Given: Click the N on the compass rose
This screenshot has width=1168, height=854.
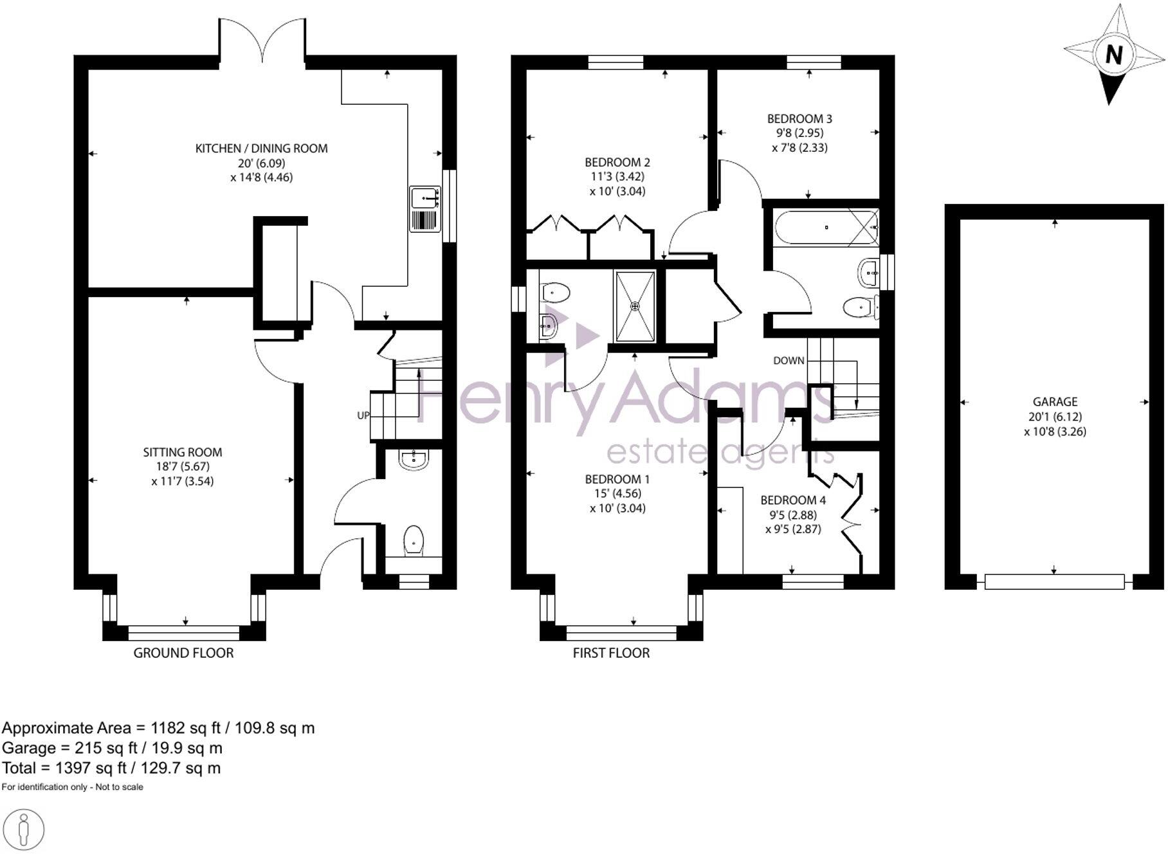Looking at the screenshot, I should point(1114,55).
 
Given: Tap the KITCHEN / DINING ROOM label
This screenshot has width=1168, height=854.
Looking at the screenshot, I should point(261,149).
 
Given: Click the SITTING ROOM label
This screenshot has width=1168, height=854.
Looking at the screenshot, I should point(183,453).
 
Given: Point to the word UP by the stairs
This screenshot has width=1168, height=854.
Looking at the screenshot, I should point(363,415).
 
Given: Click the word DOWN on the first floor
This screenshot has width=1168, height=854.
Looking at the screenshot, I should point(789,361).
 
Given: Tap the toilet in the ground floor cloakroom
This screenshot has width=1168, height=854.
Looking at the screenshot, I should point(413,540).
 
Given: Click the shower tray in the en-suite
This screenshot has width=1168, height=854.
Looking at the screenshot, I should point(635,306).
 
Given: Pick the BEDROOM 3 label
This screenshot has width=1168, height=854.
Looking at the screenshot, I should point(799,119).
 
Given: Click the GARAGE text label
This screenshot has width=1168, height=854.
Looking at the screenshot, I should point(1055,402).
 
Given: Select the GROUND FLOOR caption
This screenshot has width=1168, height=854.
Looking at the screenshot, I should point(183,653).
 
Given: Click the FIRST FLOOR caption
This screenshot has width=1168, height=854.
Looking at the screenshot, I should point(611,653).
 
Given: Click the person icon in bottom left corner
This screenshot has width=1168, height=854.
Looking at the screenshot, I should point(24,831).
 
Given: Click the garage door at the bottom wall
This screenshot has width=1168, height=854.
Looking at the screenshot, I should point(1055,582).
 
